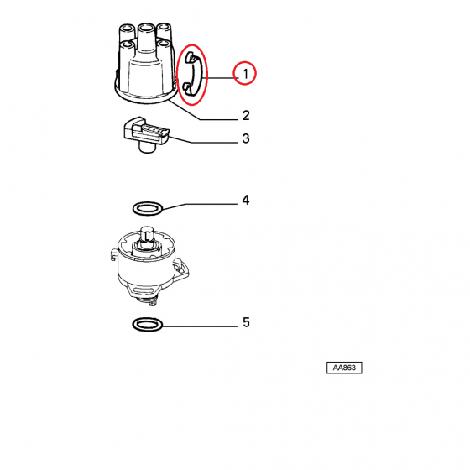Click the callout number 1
pyautogui.click(x=246, y=74)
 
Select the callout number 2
pyautogui.click(x=246, y=116)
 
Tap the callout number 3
pyautogui.click(x=246, y=138)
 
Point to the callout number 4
pyautogui.click(x=246, y=200)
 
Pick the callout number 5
pyautogui.click(x=246, y=322)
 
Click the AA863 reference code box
pyautogui.click(x=344, y=368)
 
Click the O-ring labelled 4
pyautogui.click(x=148, y=208)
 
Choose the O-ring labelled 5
pyautogui.click(x=148, y=324)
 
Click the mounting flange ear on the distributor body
pyautogui.click(x=181, y=269)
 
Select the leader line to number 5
pyautogui.click(x=201, y=326)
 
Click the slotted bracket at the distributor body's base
pyautogui.click(x=142, y=290)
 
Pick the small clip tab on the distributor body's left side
pyautogui.click(x=114, y=254)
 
